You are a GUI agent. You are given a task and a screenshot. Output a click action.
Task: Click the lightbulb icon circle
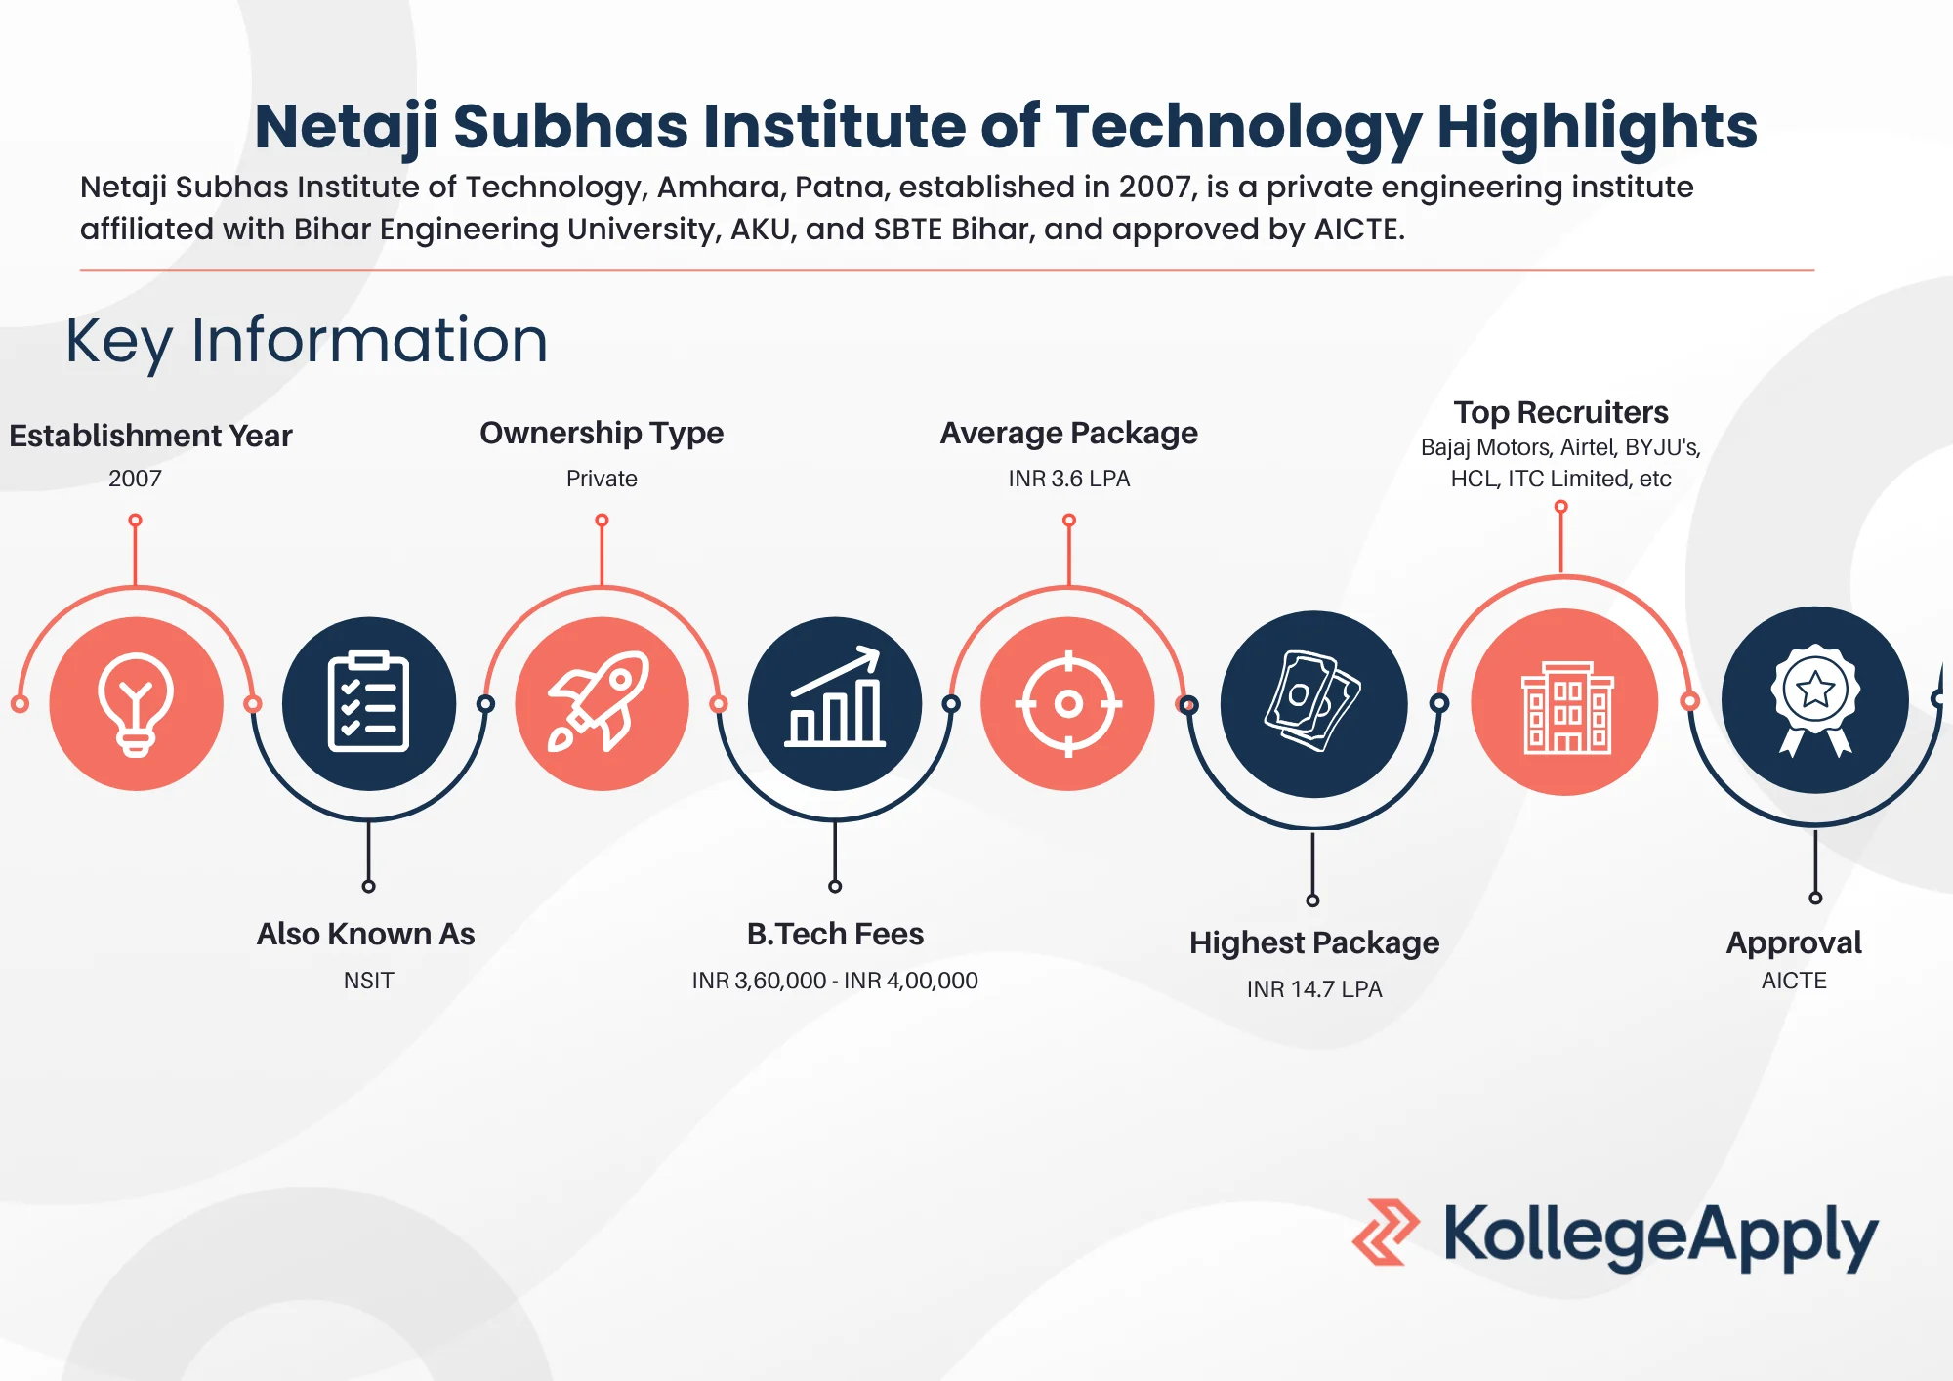coord(136,703)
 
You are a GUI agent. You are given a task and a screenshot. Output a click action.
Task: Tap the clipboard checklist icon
coord(368,703)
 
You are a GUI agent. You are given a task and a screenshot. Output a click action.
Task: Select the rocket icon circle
coord(602,703)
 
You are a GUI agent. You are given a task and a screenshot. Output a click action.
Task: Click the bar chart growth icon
coord(835,703)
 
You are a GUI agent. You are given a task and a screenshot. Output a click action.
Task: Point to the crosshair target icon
coord(1068,703)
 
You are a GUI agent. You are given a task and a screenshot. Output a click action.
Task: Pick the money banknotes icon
coord(1313,703)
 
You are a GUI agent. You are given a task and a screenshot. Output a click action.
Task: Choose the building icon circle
coord(1564,703)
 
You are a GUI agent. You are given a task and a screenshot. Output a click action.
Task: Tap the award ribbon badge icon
coord(1814,700)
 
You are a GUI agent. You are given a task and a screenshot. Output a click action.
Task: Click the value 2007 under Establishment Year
coord(135,479)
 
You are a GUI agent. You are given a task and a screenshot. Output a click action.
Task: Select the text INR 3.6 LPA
coord(1068,479)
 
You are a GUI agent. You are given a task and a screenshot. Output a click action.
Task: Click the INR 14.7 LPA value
coord(1313,989)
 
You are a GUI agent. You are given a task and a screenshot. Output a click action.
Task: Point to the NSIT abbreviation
coord(368,981)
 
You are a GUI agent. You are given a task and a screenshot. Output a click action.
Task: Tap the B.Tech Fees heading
coord(835,934)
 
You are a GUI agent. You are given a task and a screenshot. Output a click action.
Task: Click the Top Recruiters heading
coord(1560,412)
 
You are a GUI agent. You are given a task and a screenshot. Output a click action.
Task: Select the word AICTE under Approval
coord(1794,981)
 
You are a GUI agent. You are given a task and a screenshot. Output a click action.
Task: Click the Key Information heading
coord(307,341)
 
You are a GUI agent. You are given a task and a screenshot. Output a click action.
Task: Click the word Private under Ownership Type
coord(602,479)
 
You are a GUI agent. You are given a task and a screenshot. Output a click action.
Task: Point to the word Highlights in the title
coord(1597,127)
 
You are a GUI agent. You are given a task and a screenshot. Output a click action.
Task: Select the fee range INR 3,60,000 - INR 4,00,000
coord(835,981)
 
